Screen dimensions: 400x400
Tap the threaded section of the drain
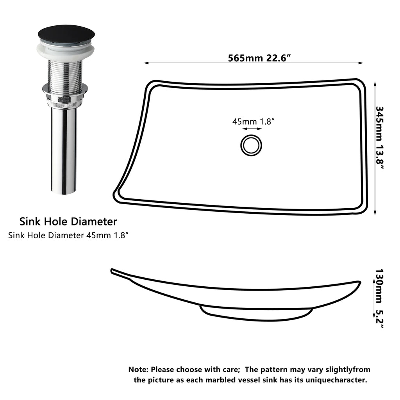click(65, 70)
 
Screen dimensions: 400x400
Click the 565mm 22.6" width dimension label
click(260, 58)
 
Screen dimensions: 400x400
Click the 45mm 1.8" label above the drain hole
click(252, 121)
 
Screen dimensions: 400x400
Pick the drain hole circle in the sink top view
click(251, 145)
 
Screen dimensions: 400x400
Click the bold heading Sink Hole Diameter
click(68, 222)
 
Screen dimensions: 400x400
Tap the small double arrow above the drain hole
click(252, 129)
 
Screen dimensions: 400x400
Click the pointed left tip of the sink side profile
click(112, 270)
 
